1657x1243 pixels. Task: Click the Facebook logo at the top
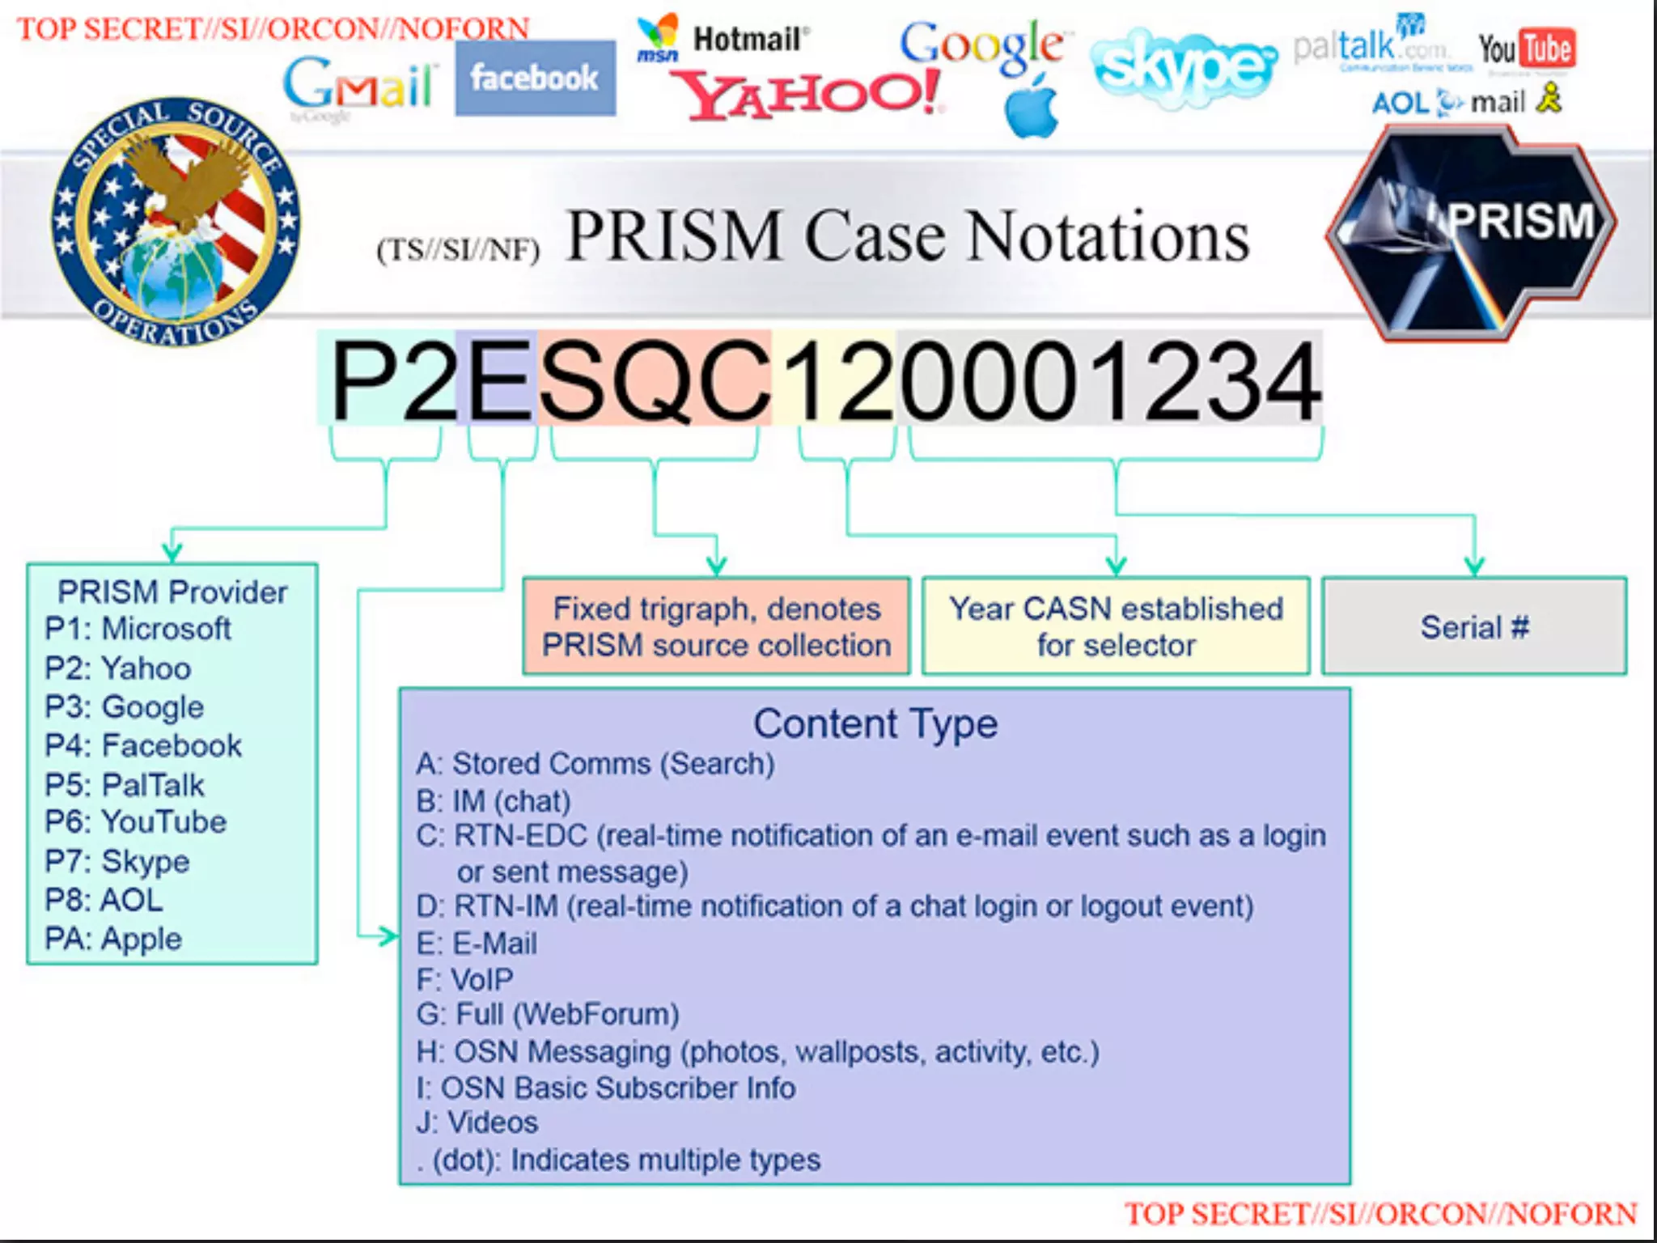pyautogui.click(x=534, y=78)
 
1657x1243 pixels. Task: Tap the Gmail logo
pyautogui.click(x=359, y=83)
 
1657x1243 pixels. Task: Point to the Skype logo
pyautogui.click(x=1183, y=67)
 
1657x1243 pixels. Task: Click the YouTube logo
pyautogui.click(x=1526, y=49)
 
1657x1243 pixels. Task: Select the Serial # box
pyautogui.click(x=1473, y=626)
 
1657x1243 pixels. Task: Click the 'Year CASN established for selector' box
pyautogui.click(x=1116, y=626)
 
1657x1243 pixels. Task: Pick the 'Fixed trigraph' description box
pyautogui.click(x=716, y=626)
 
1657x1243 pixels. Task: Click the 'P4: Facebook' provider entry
pyautogui.click(x=143, y=745)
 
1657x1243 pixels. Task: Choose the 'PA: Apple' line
pyautogui.click(x=113, y=939)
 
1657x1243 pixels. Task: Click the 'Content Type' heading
pyautogui.click(x=875, y=723)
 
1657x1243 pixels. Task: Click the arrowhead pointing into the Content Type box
pyautogui.click(x=389, y=936)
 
